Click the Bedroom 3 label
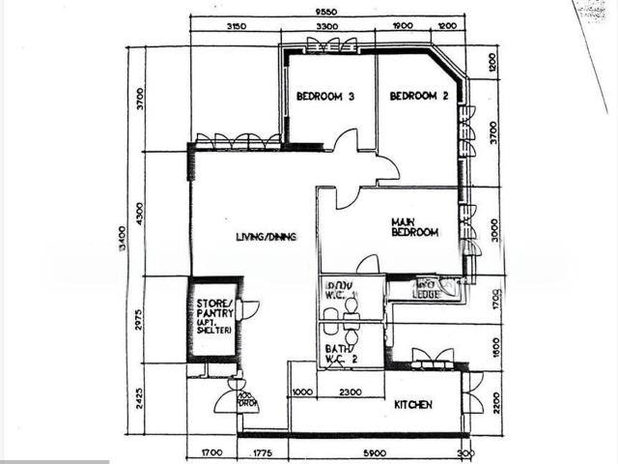click(325, 97)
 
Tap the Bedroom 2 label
click(419, 97)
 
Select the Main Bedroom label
click(414, 227)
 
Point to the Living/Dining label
click(266, 237)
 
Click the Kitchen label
click(412, 404)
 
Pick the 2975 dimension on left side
click(140, 320)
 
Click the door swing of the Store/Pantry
click(250, 310)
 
